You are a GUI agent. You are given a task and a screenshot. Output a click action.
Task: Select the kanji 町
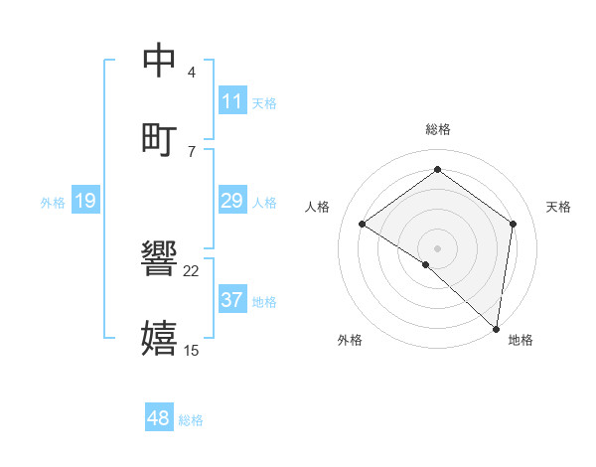pyautogui.click(x=161, y=138)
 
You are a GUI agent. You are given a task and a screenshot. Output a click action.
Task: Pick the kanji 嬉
pyautogui.click(x=161, y=338)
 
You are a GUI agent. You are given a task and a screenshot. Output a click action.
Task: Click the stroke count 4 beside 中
pyautogui.click(x=192, y=73)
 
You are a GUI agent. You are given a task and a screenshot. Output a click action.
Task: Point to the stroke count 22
pyautogui.click(x=192, y=270)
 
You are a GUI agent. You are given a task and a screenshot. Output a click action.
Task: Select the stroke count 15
pyautogui.click(x=192, y=350)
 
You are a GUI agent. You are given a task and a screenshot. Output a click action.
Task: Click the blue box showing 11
pyautogui.click(x=232, y=101)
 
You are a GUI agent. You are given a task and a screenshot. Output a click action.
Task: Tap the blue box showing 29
pyautogui.click(x=232, y=202)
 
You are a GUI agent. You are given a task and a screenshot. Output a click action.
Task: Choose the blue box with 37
pyautogui.click(x=232, y=300)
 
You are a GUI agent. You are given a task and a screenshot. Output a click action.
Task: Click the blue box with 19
pyautogui.click(x=85, y=202)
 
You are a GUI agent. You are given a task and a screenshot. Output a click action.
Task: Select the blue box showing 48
pyautogui.click(x=159, y=418)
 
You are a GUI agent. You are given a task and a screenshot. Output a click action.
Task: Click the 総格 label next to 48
pyautogui.click(x=191, y=420)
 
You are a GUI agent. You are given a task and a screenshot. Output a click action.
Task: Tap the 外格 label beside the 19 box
pyautogui.click(x=53, y=203)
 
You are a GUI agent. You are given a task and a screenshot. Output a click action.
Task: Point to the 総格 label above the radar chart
pyautogui.click(x=438, y=129)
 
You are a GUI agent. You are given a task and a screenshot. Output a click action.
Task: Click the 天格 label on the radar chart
pyautogui.click(x=558, y=207)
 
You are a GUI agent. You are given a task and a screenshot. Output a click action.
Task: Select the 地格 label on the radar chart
pyautogui.click(x=521, y=340)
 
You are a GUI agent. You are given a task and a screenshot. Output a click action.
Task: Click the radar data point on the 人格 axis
pyautogui.click(x=363, y=225)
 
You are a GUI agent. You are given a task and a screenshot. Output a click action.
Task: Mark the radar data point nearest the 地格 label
pyautogui.click(x=497, y=327)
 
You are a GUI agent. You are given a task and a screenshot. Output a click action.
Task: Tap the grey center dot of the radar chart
pyautogui.click(x=438, y=247)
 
